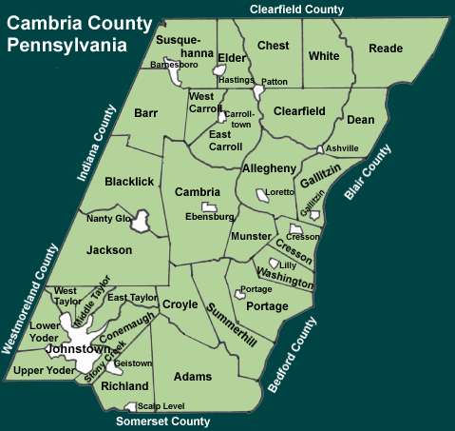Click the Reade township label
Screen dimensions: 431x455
pyautogui.click(x=386, y=49)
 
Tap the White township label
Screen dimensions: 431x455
pyautogui.click(x=324, y=56)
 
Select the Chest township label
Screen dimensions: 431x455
pyautogui.click(x=274, y=46)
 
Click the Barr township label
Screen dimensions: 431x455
pyautogui.click(x=145, y=113)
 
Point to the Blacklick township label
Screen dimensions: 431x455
pyautogui.click(x=128, y=182)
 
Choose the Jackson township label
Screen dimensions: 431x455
pyautogui.click(x=107, y=251)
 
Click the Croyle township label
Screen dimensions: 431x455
pyautogui.click(x=180, y=304)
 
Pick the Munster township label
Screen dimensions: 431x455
pyautogui.click(x=251, y=234)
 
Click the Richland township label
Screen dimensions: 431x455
pyautogui.click(x=125, y=386)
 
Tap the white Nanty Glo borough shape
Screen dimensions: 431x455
pyautogui.click(x=142, y=223)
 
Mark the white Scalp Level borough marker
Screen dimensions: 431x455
pyautogui.click(x=130, y=406)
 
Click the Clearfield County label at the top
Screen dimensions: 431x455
pyautogui.click(x=296, y=9)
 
